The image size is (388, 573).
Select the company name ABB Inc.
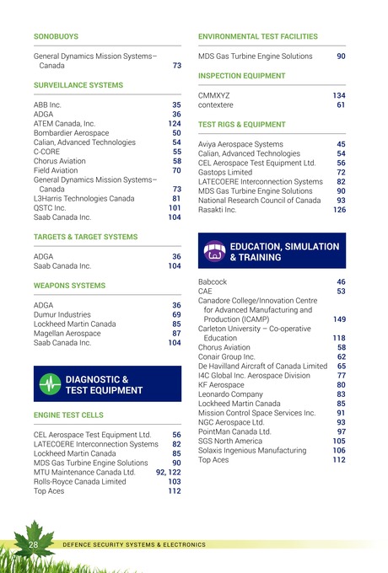tap(47, 104)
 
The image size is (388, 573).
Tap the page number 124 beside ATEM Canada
tap(175, 123)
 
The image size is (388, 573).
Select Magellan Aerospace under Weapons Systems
tap(67, 333)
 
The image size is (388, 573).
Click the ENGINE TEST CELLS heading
tap(68, 416)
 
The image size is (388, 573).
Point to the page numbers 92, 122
tap(168, 472)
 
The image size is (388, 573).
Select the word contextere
tap(216, 105)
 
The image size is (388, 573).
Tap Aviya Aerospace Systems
tap(240, 144)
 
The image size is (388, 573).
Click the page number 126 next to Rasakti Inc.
tap(339, 210)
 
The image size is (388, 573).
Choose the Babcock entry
tap(213, 281)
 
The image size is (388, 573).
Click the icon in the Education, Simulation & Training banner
tap(214, 252)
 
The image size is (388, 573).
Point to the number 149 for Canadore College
tap(339, 319)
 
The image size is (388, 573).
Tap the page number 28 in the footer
tap(35, 546)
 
